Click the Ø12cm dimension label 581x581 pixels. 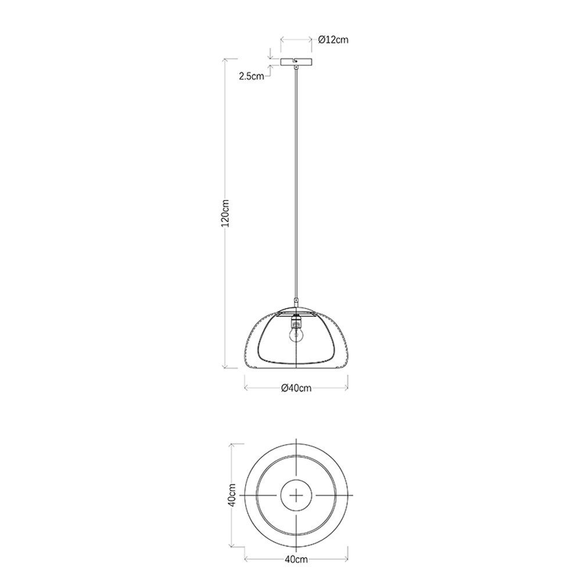click(333, 40)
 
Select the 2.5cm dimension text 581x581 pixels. click(252, 76)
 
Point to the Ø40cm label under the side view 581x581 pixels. click(296, 388)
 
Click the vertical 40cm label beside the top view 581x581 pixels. click(232, 495)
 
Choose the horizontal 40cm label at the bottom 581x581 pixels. click(296, 559)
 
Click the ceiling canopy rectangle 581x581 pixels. click(296, 62)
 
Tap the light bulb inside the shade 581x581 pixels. click(296, 335)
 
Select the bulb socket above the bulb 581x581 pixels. click(296, 321)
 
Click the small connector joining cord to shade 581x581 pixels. click(296, 302)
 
